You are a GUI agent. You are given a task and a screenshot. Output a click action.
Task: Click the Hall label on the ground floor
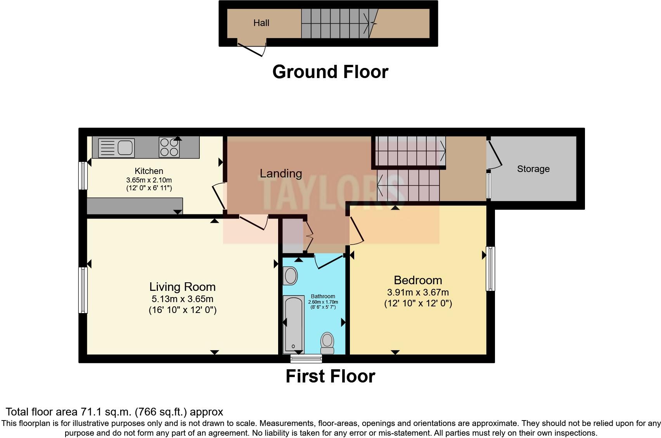[261, 23]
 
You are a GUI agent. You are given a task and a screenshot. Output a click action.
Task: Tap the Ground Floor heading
[330, 72]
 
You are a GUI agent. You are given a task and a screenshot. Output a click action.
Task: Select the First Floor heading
[330, 376]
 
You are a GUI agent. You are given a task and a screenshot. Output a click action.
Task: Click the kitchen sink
[116, 148]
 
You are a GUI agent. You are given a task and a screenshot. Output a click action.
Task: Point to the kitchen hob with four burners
[169, 147]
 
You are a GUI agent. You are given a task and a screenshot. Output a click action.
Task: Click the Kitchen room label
[149, 171]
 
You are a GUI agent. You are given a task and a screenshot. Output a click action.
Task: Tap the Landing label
[280, 173]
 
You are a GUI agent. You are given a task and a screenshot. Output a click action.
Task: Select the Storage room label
[533, 169]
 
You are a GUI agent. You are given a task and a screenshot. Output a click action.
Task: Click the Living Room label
[182, 287]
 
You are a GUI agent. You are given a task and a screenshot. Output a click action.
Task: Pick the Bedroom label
[418, 280]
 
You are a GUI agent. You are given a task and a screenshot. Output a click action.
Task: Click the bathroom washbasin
[291, 276]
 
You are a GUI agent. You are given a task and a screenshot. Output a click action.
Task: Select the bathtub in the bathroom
[293, 324]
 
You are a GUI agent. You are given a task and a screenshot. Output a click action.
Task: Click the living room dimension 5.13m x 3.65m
[182, 299]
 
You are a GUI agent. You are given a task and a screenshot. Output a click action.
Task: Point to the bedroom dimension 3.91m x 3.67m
[418, 292]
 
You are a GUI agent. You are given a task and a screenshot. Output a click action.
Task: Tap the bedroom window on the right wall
[490, 269]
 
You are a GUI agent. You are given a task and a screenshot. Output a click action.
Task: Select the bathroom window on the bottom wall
[306, 358]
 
